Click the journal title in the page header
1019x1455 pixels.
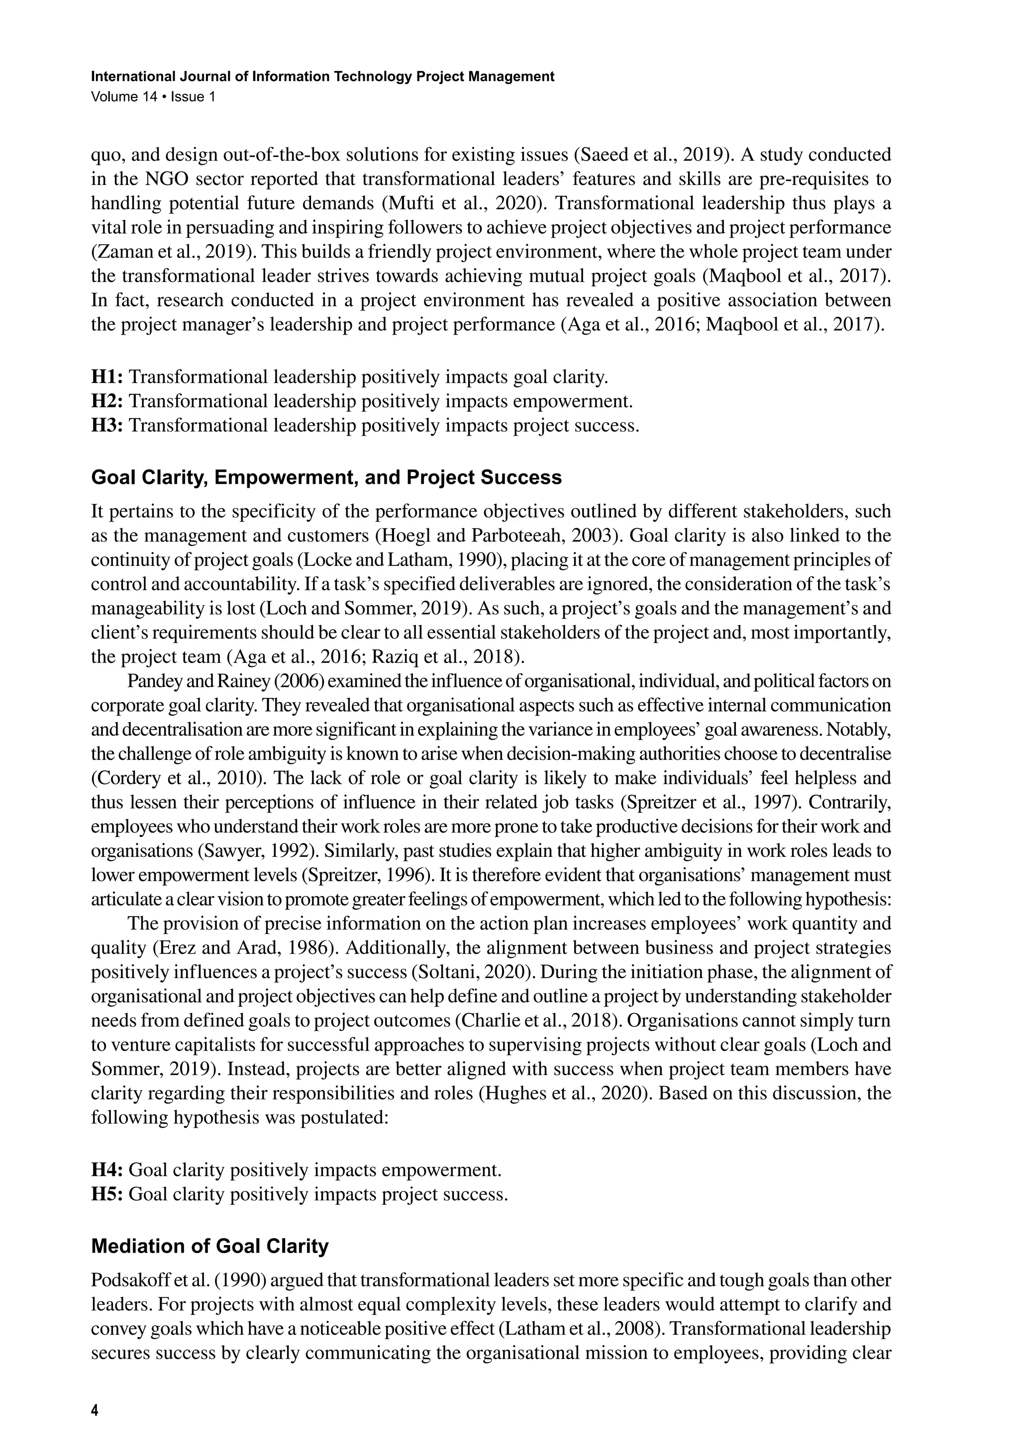tap(323, 77)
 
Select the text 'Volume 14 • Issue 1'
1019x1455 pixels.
tap(153, 97)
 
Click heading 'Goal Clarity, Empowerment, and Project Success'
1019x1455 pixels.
tap(326, 478)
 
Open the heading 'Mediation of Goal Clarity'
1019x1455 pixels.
tap(210, 1247)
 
